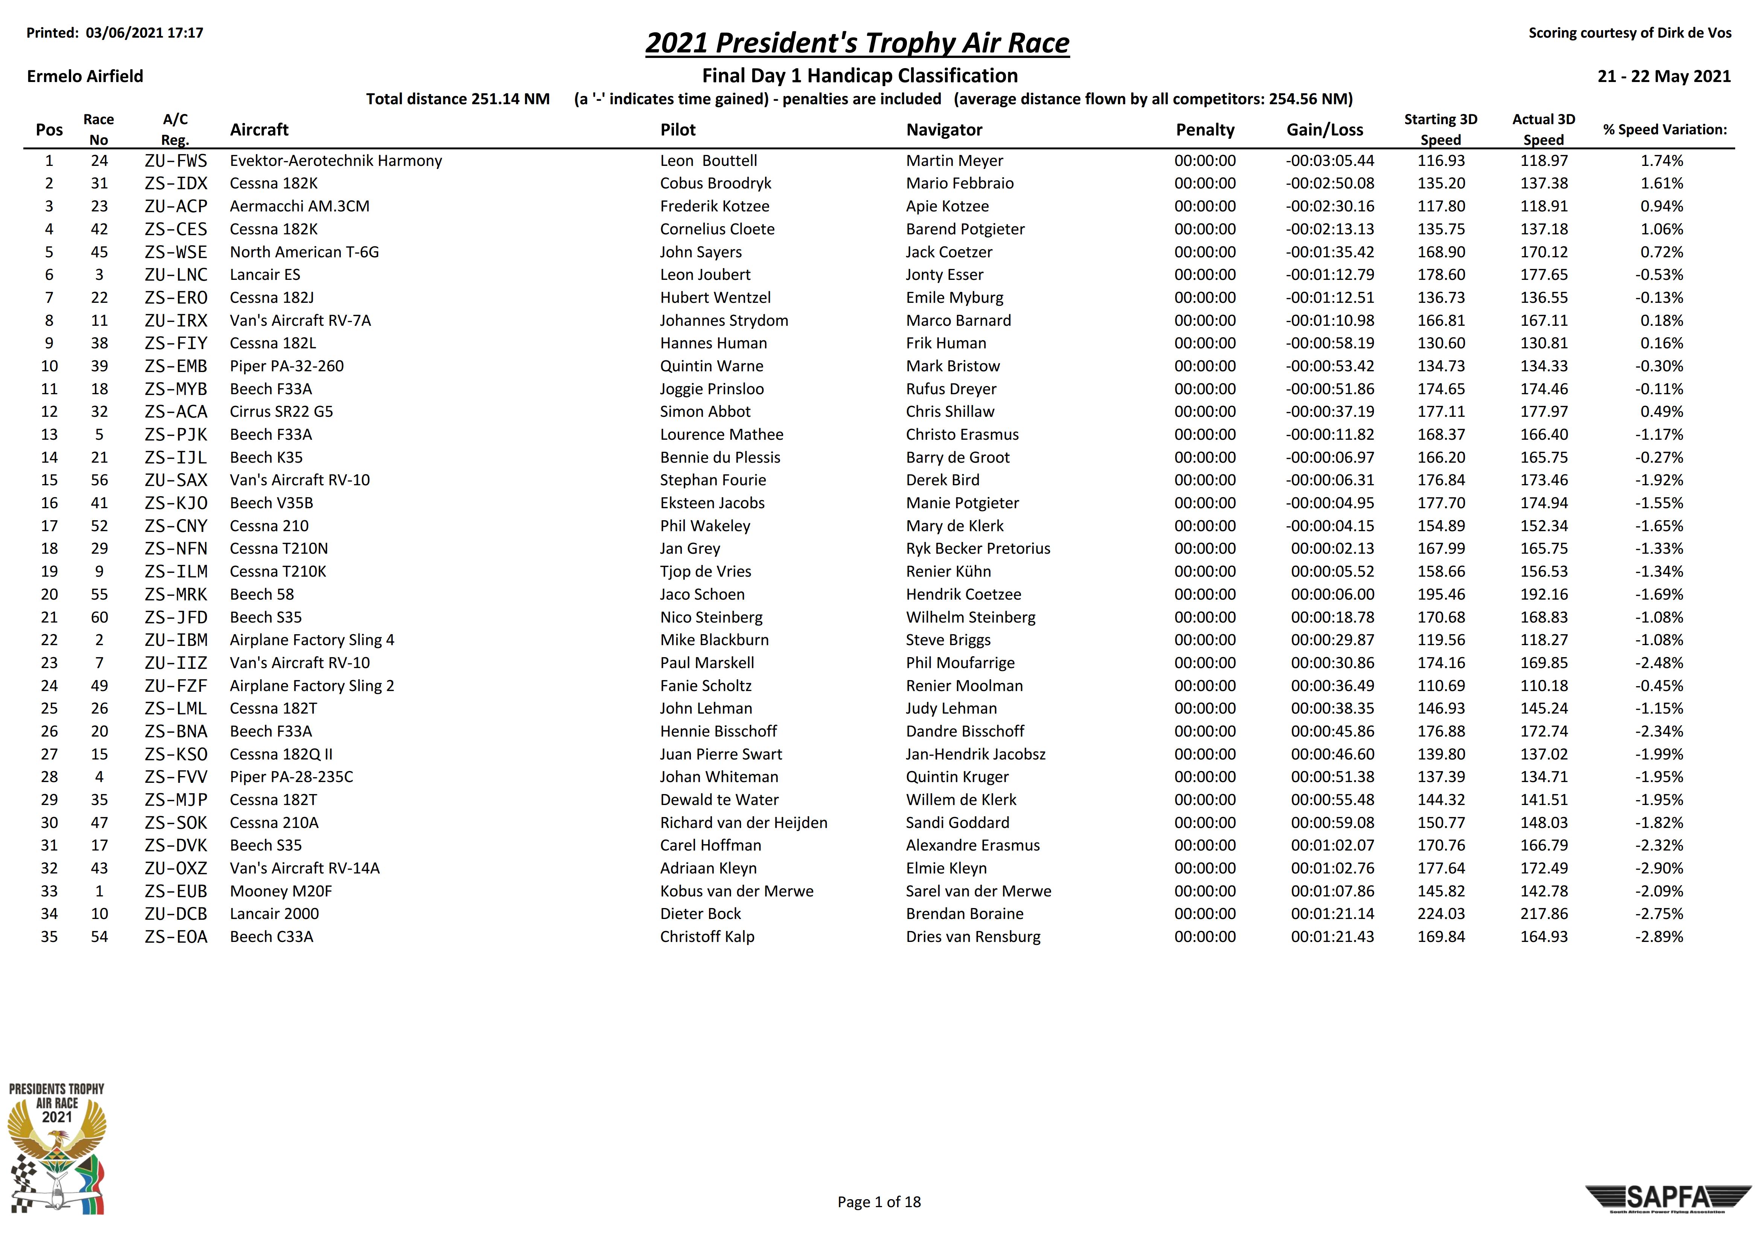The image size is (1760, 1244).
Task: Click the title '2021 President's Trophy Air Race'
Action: (x=857, y=43)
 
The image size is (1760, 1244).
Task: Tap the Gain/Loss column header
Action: (x=1325, y=129)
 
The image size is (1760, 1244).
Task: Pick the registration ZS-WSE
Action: (x=175, y=252)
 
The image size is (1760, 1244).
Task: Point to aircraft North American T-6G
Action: (x=304, y=252)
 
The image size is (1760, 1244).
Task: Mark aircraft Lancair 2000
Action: (x=274, y=914)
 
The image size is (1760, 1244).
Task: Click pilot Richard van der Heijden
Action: (x=744, y=822)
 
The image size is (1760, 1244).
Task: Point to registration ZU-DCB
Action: (x=175, y=914)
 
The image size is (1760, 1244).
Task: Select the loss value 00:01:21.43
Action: (x=1332, y=937)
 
